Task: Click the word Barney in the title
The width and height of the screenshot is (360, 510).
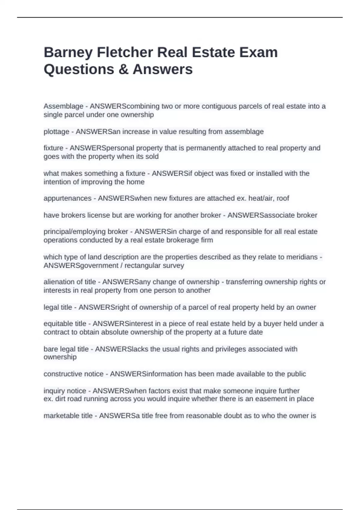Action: tap(68, 53)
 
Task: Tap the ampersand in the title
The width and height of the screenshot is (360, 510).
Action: tap(123, 70)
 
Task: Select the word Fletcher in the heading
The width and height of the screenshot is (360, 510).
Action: tap(125, 52)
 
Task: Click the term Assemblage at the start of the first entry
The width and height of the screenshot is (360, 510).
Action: tap(63, 106)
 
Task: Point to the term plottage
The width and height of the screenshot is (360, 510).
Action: tap(56, 132)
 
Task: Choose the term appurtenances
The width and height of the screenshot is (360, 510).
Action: tap(67, 198)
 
